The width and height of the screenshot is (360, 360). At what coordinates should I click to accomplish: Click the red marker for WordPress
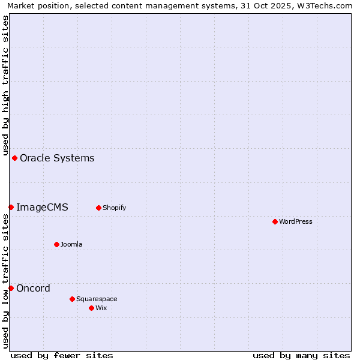tap(275, 221)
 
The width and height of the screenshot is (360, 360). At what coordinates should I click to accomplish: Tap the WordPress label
tap(296, 221)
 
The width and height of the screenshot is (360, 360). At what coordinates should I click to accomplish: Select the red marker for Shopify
tap(98, 208)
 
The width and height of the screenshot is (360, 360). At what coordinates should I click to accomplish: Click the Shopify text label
tap(114, 208)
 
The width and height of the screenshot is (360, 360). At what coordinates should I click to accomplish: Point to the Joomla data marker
tap(56, 244)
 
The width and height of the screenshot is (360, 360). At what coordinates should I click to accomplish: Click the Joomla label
tap(71, 244)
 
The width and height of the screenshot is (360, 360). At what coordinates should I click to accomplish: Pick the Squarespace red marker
tap(72, 299)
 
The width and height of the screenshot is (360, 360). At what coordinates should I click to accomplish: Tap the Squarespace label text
tap(97, 299)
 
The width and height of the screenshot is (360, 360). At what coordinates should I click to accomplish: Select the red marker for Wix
tap(91, 308)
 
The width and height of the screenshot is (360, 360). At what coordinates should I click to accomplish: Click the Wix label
tap(101, 308)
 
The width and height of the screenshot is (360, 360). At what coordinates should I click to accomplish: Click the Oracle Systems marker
tap(14, 158)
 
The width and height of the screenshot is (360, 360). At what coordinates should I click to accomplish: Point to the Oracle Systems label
tap(57, 158)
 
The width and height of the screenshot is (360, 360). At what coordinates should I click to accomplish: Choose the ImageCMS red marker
tap(11, 207)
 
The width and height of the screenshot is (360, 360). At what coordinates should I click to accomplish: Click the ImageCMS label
tap(42, 208)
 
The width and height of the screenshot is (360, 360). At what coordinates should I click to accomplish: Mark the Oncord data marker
tap(11, 288)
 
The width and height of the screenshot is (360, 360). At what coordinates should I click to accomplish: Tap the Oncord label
tap(33, 289)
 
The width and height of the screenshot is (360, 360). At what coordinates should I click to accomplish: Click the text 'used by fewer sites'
tap(62, 356)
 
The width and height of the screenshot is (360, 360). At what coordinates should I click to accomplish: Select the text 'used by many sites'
tap(301, 356)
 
